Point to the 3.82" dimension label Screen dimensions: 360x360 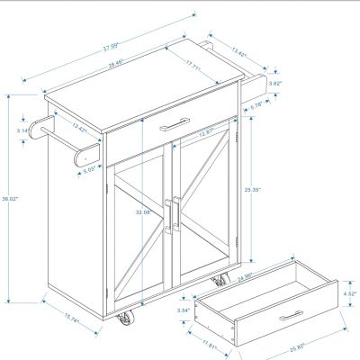[275, 84]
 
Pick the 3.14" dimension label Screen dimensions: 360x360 [22, 130]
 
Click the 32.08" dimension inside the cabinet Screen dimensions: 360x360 [141, 212]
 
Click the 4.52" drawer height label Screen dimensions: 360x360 [350, 293]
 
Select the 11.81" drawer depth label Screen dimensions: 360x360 [210, 342]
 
